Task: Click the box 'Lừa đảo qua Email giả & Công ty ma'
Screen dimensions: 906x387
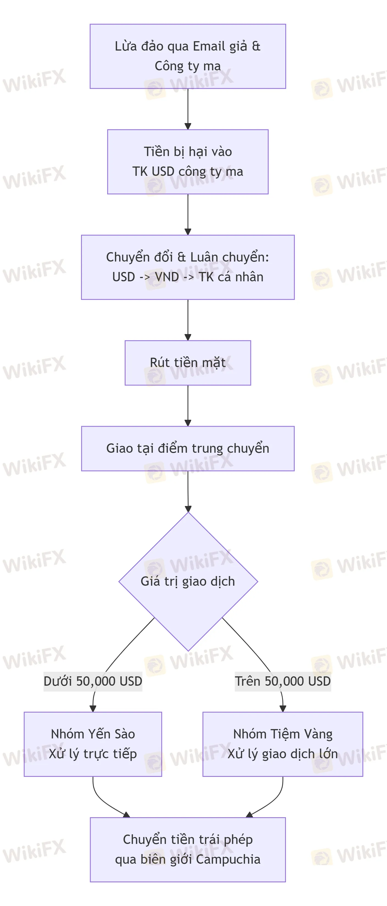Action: pos(188,56)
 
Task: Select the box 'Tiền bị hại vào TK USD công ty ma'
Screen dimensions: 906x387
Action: pos(188,162)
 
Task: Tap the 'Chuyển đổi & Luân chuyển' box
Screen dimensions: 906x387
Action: pos(188,267)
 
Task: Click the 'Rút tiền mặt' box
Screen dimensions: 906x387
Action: pos(188,363)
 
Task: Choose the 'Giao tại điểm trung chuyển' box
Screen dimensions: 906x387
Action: pos(188,448)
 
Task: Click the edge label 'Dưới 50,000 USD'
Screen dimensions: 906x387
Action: pos(93,681)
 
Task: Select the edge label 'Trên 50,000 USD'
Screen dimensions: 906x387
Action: pos(283,681)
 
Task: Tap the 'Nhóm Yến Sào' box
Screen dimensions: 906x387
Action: pos(93,744)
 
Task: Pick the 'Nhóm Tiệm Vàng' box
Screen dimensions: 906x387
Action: pos(283,744)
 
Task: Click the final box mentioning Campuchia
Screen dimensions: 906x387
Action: pos(188,850)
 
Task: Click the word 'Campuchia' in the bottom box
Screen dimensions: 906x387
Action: pos(228,860)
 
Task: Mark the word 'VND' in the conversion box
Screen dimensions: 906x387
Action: pos(167,277)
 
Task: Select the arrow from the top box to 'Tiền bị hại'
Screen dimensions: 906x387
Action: pos(188,109)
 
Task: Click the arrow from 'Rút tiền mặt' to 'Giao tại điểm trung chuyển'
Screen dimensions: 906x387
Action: pos(188,405)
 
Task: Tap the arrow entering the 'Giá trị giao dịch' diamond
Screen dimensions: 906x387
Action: pos(188,491)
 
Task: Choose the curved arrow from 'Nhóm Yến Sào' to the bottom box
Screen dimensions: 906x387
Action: pos(102,802)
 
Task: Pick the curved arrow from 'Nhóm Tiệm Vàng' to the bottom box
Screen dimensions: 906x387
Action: pos(274,802)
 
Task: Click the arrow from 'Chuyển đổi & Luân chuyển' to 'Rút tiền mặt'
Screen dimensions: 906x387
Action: pos(188,320)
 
